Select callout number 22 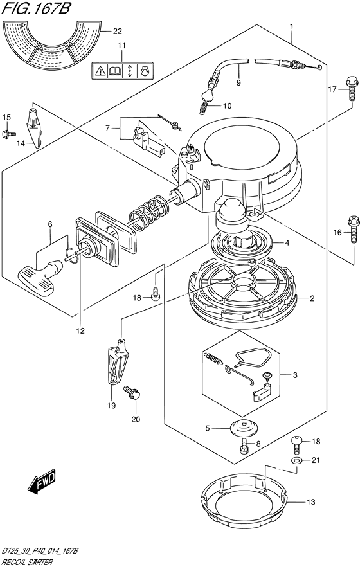point(117,32)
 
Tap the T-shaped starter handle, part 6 point(40,277)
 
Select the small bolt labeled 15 point(8,134)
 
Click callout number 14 point(21,143)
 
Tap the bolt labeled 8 point(244,446)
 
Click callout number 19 point(111,405)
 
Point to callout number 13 point(311,502)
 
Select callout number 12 point(80,330)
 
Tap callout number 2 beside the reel point(312,299)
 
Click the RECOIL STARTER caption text point(28,563)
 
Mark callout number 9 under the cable point(239,83)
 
